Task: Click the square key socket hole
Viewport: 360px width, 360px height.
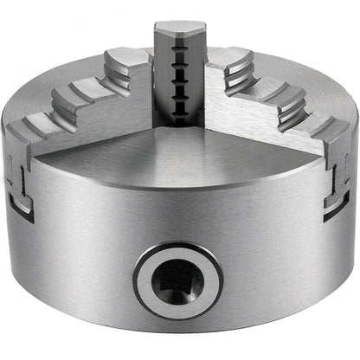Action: click(178, 278)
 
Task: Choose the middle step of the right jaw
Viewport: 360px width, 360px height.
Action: click(279, 87)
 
